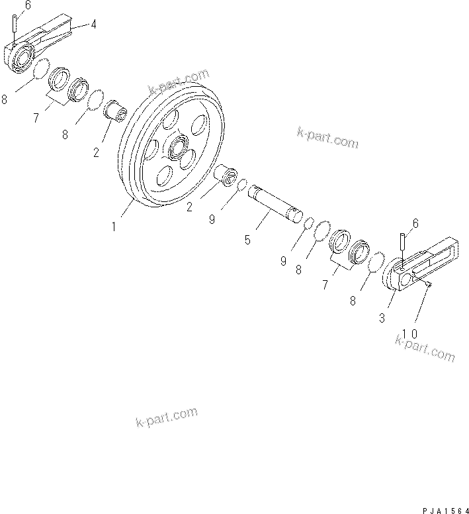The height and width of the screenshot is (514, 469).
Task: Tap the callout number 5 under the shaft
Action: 247,239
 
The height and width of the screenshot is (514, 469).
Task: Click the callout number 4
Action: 93,25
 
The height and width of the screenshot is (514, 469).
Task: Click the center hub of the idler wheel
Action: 179,148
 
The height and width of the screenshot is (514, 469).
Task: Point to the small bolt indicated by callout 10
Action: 429,283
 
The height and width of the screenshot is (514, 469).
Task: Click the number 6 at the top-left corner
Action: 9,6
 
